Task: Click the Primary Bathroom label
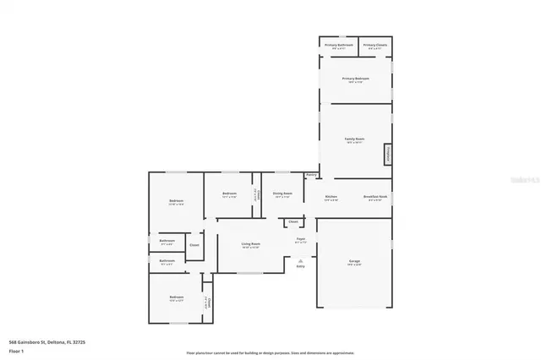(x=338, y=44)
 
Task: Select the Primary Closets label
(x=374, y=44)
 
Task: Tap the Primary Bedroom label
(x=355, y=79)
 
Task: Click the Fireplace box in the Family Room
(x=388, y=154)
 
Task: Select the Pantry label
(x=311, y=175)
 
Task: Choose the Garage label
(x=353, y=261)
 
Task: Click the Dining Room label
(x=282, y=194)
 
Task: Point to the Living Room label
(x=250, y=243)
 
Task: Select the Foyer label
(x=300, y=239)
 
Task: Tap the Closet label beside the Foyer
(x=292, y=221)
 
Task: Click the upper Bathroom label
(x=167, y=240)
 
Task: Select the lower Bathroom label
(x=167, y=260)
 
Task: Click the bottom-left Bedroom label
(x=176, y=297)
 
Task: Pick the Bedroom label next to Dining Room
(x=229, y=194)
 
